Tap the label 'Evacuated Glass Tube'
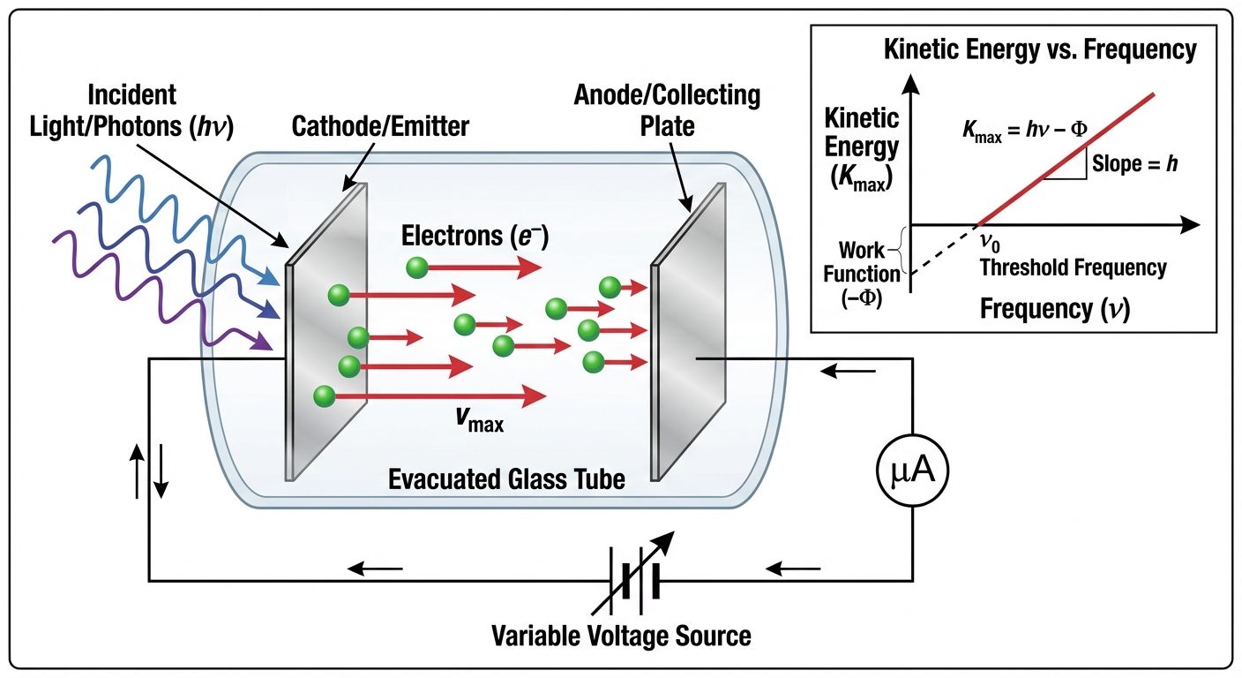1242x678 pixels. tap(507, 479)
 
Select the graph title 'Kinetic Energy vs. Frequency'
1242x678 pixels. tap(1040, 50)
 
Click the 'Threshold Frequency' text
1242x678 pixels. tap(1073, 267)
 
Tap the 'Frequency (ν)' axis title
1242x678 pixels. tap(1056, 309)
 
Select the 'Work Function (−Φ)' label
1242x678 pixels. tap(861, 275)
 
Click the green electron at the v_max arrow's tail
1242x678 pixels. tap(324, 396)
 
